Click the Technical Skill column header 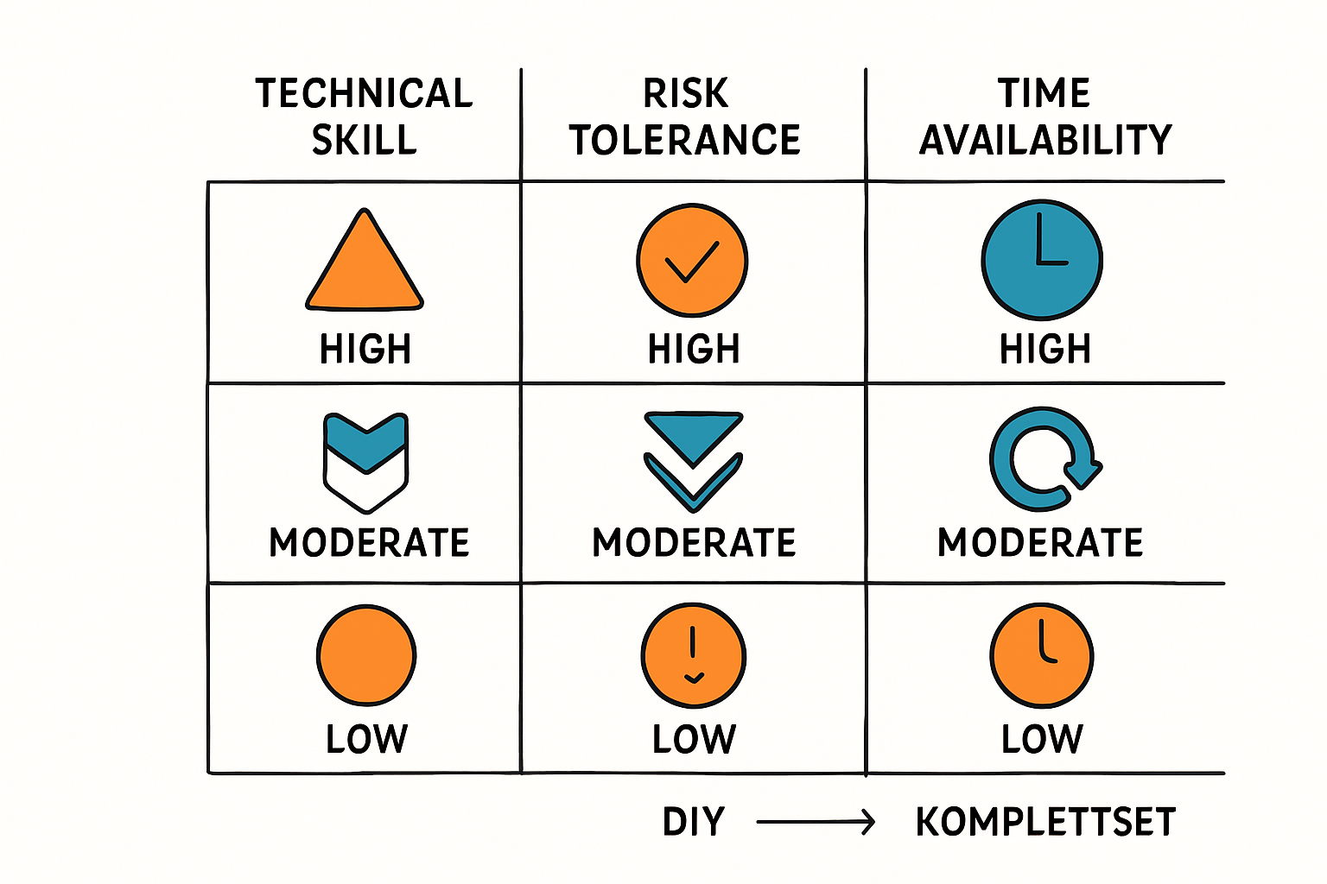point(364,117)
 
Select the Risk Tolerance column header point(685,117)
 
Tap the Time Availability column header point(1045,117)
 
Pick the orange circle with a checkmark point(692,260)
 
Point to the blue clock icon point(1042,259)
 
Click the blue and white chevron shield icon point(365,462)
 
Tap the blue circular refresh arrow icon point(1043,459)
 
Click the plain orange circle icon point(366,654)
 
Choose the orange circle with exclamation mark point(693,655)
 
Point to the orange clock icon point(1042,655)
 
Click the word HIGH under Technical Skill point(365,350)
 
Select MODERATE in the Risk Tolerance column point(694,543)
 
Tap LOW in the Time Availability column point(1042,739)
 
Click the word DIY point(694,822)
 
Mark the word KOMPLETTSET point(1045,822)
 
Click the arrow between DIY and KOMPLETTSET point(816,822)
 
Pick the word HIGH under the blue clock point(1045,350)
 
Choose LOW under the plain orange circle point(366,739)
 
